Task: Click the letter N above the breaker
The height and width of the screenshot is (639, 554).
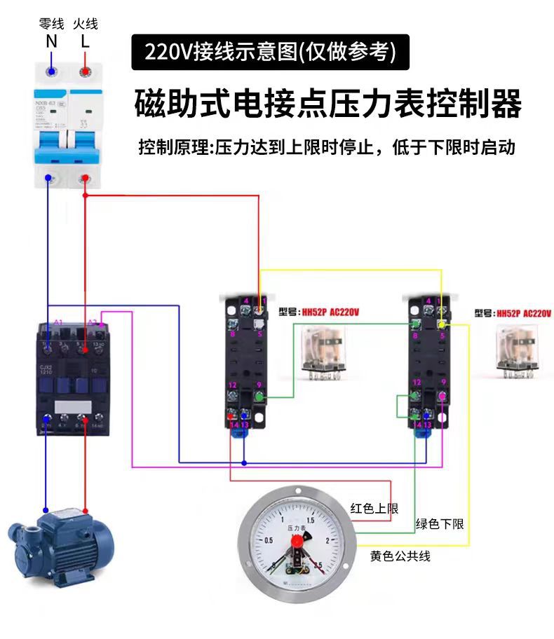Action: click(51, 41)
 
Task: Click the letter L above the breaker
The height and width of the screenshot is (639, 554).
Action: click(85, 41)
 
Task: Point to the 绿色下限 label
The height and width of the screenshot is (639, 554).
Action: click(440, 524)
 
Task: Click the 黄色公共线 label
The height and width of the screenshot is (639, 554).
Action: click(400, 556)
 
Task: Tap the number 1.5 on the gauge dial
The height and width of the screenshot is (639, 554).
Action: click(311, 520)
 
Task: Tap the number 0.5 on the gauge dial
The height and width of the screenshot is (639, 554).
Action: click(269, 540)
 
